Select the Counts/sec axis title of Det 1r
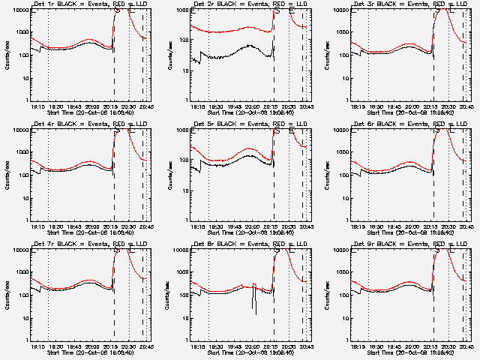6,55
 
